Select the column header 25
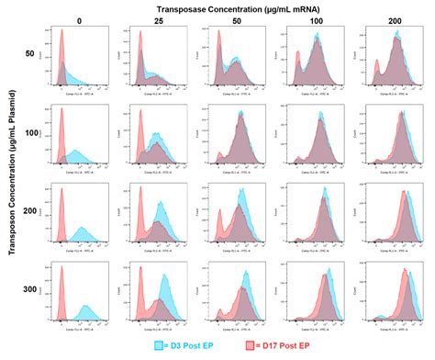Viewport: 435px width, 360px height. point(157,19)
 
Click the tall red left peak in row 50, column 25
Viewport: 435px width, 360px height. point(140,46)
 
